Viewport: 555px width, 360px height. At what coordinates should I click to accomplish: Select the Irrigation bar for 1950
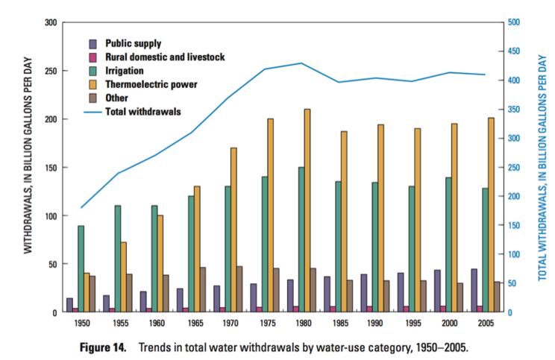click(x=81, y=269)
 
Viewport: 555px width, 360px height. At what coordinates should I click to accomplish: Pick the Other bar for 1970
click(x=239, y=289)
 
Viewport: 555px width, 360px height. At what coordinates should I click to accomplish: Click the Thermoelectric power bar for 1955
click(x=122, y=277)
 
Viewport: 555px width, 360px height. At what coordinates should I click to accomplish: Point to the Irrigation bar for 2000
click(x=448, y=245)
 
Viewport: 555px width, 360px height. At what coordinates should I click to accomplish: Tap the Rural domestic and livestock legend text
click(x=165, y=57)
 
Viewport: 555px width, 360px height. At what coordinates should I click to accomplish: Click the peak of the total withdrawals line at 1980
click(x=301, y=63)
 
